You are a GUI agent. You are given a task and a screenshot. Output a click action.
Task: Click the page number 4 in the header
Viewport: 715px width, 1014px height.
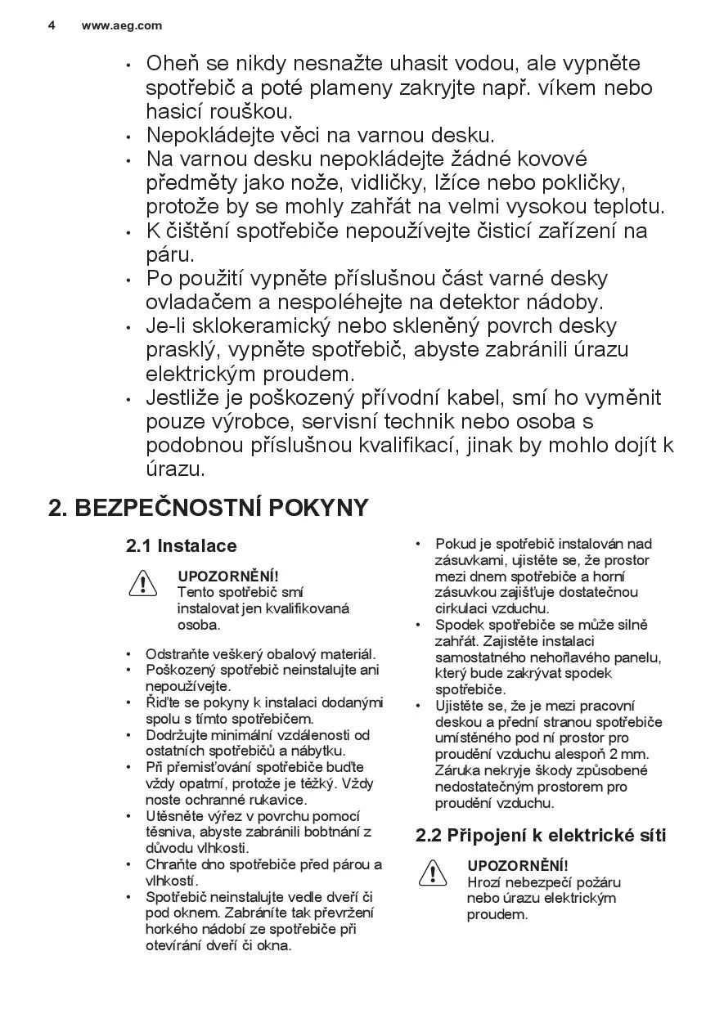[x=52, y=25]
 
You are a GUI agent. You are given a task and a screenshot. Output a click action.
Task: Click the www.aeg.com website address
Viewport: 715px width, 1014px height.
[x=122, y=25]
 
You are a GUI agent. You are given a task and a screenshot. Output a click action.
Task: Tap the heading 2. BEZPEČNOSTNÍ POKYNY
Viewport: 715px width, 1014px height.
[x=209, y=508]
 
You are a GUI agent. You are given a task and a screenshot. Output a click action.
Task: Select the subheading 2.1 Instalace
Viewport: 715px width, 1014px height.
[x=181, y=546]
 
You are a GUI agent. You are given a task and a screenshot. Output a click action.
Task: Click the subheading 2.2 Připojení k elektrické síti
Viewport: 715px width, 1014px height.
[x=541, y=836]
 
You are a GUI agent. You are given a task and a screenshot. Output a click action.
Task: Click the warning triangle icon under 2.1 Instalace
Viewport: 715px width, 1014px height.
[x=142, y=584]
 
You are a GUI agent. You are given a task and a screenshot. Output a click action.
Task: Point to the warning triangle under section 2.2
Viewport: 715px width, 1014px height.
[x=432, y=873]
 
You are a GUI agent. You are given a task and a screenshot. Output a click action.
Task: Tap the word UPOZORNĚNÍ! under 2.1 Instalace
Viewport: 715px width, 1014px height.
[x=228, y=576]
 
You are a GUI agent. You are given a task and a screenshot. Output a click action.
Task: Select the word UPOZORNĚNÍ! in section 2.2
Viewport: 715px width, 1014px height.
[x=518, y=865]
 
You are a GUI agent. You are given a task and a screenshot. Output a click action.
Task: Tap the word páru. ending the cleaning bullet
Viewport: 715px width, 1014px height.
[x=170, y=254]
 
